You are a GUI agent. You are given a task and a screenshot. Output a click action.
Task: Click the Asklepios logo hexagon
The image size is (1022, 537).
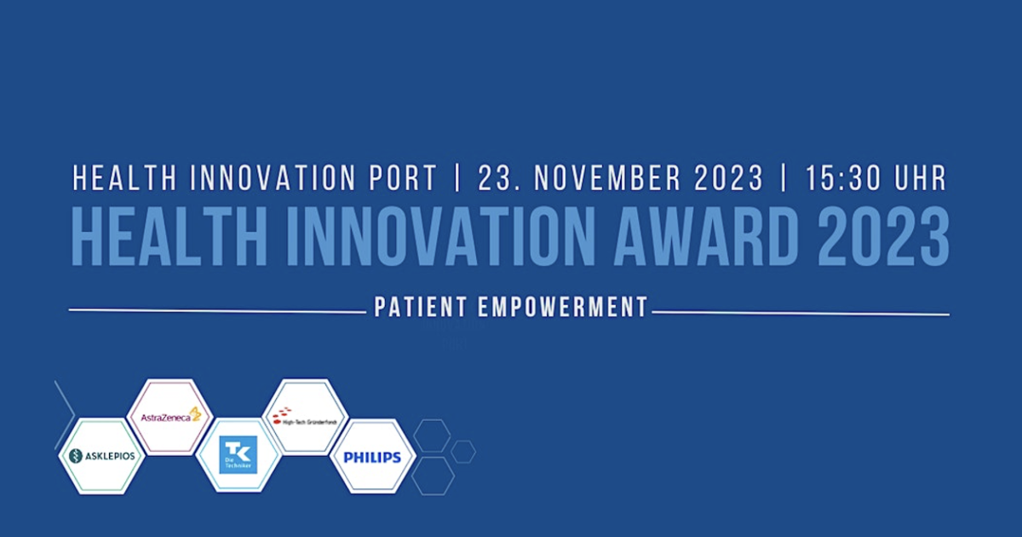pos(101,456)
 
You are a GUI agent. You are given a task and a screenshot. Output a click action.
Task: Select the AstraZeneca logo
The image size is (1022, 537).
pos(169,416)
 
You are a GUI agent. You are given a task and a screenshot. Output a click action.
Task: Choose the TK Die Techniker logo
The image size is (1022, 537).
pos(238,455)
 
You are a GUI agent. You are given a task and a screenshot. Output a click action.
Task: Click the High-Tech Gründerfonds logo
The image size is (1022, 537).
pos(305,416)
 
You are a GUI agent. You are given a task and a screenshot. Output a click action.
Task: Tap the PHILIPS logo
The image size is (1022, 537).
pos(372,457)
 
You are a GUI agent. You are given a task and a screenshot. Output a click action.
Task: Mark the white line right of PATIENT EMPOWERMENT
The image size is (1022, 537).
pos(801,314)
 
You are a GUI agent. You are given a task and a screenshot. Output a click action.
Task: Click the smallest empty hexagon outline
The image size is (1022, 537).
pos(463,452)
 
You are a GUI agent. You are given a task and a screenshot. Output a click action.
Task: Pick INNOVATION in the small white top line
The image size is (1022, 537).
pos(270,178)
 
